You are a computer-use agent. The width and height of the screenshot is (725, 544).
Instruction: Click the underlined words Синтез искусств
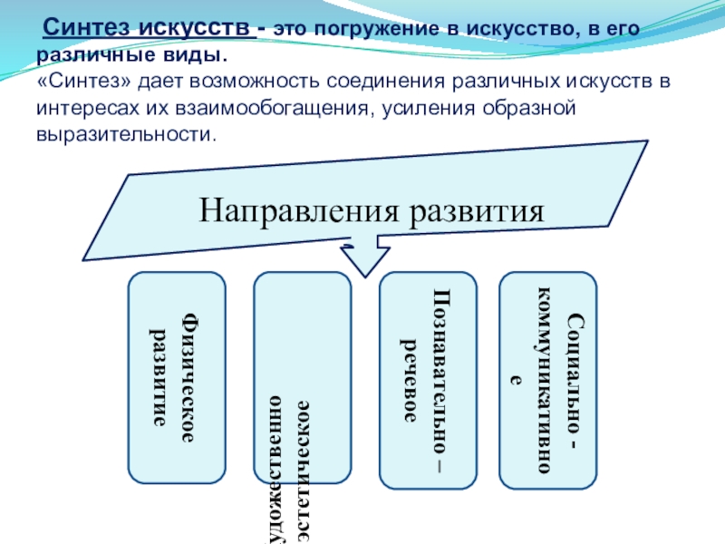point(149,28)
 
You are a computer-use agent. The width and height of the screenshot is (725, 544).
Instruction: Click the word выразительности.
point(128,135)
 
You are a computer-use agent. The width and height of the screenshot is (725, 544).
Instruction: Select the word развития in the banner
point(481,211)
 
